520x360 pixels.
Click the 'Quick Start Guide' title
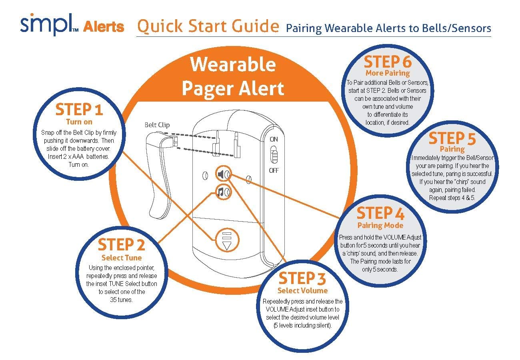click(208, 26)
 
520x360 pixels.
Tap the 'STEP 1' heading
click(79, 110)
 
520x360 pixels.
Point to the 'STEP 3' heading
click(302, 278)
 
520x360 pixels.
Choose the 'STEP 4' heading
click(380, 214)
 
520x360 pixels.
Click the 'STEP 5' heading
click(452, 139)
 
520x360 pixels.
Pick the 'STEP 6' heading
click(388, 62)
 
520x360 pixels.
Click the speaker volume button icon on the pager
click(223, 174)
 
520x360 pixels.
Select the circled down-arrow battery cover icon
click(227, 240)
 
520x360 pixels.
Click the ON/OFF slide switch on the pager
click(274, 155)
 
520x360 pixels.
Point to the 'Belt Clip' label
click(156, 125)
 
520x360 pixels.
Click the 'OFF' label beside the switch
click(274, 170)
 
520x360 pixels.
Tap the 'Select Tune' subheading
click(121, 258)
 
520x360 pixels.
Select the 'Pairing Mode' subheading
click(380, 225)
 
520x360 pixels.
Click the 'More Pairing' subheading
click(388, 73)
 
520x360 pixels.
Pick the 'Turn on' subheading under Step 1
click(79, 122)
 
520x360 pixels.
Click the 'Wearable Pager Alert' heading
click(233, 76)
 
